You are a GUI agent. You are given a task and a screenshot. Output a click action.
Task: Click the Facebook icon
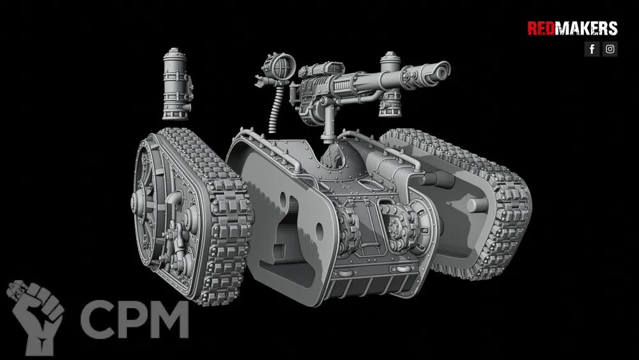[592, 49]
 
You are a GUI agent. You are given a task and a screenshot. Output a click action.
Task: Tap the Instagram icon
[610, 49]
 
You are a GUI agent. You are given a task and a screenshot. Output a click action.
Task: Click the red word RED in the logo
[541, 29]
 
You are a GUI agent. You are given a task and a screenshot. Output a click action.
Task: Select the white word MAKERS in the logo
[586, 29]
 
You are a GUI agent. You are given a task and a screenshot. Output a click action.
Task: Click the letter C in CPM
[97, 320]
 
